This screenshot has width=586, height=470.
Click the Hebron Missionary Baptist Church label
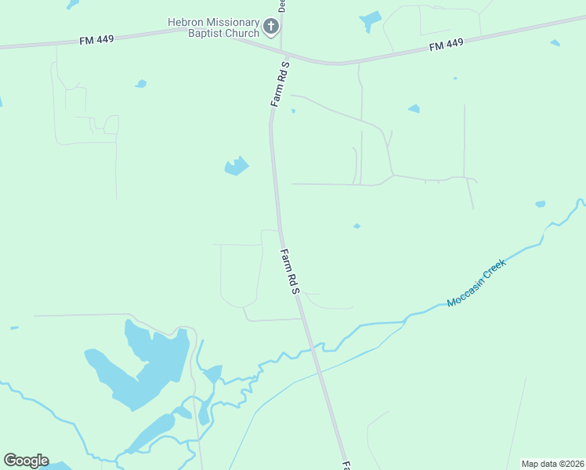click(x=213, y=28)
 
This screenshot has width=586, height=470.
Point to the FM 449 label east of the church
click(x=447, y=47)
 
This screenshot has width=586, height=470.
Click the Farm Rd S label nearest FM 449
click(x=280, y=84)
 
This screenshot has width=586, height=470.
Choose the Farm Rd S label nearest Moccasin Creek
click(x=290, y=271)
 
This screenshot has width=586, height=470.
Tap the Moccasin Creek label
click(x=476, y=283)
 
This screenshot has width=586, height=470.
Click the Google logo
click(x=26, y=461)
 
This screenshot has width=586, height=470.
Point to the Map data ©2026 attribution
click(x=552, y=464)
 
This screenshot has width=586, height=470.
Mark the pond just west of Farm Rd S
click(x=237, y=166)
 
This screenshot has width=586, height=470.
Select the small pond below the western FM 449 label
click(x=141, y=83)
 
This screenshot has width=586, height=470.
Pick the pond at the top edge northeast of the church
click(x=371, y=19)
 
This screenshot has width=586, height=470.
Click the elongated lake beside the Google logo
click(x=153, y=432)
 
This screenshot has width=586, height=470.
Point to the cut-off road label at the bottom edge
click(x=346, y=465)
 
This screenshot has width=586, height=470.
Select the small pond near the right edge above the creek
click(x=540, y=204)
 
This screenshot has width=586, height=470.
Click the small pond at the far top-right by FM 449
click(x=555, y=43)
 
